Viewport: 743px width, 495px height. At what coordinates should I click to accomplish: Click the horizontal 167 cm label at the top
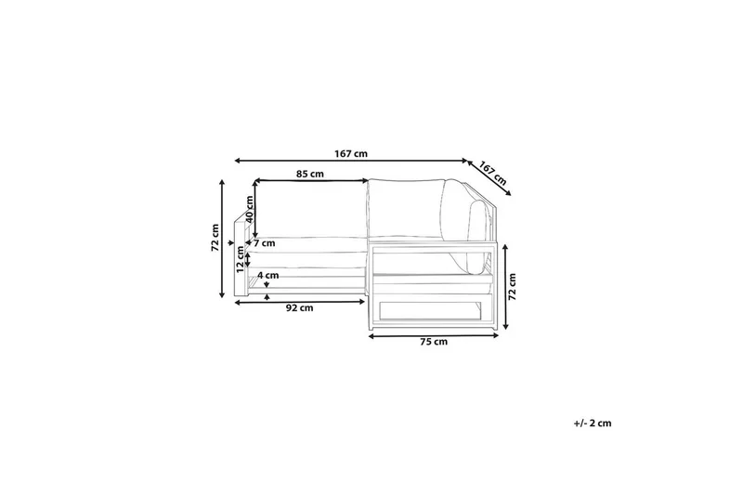coord(351,153)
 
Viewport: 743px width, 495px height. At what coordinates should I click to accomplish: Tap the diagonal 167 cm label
coord(493,173)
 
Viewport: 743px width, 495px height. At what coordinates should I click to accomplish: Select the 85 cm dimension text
coord(310,174)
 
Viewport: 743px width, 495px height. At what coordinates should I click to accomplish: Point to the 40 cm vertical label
coord(250,209)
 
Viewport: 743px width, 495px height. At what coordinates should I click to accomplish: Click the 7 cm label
coord(264,243)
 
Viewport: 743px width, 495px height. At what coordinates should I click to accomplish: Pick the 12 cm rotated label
coord(241,259)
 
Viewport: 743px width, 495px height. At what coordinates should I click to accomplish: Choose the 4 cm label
coord(268,275)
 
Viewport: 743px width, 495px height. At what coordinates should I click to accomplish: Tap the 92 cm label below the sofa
coord(299,308)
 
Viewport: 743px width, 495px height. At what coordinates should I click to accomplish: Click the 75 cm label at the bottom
coord(434,342)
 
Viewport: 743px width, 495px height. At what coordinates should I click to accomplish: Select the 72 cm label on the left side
coord(215,238)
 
